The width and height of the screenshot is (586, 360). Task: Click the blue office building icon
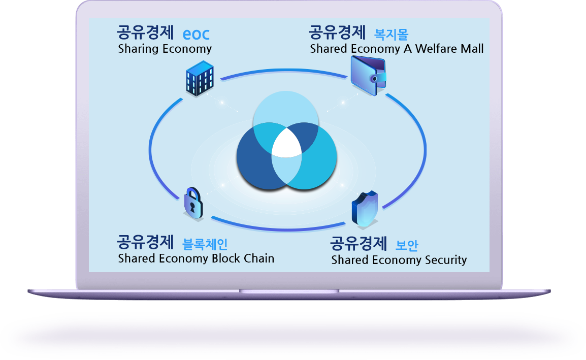pyautogui.click(x=200, y=79)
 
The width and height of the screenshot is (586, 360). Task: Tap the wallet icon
pyautogui.click(x=368, y=76)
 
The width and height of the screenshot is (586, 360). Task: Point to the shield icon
pyautogui.click(x=365, y=209)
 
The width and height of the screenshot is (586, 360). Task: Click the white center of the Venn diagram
pyautogui.click(x=286, y=143)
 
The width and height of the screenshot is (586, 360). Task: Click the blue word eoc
pyautogui.click(x=196, y=35)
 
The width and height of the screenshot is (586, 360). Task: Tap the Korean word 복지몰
pyautogui.click(x=392, y=35)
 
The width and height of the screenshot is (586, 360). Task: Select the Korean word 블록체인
pyautogui.click(x=205, y=244)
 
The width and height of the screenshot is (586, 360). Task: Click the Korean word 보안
pyautogui.click(x=407, y=245)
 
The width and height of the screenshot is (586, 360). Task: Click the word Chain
pyautogui.click(x=259, y=258)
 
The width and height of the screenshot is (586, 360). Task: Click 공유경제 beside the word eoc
pyautogui.click(x=145, y=32)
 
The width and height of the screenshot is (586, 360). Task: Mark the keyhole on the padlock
pyautogui.click(x=192, y=207)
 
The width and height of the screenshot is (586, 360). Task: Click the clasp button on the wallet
pyautogui.click(x=374, y=79)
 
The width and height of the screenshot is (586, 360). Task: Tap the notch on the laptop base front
pyautogui.click(x=289, y=291)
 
